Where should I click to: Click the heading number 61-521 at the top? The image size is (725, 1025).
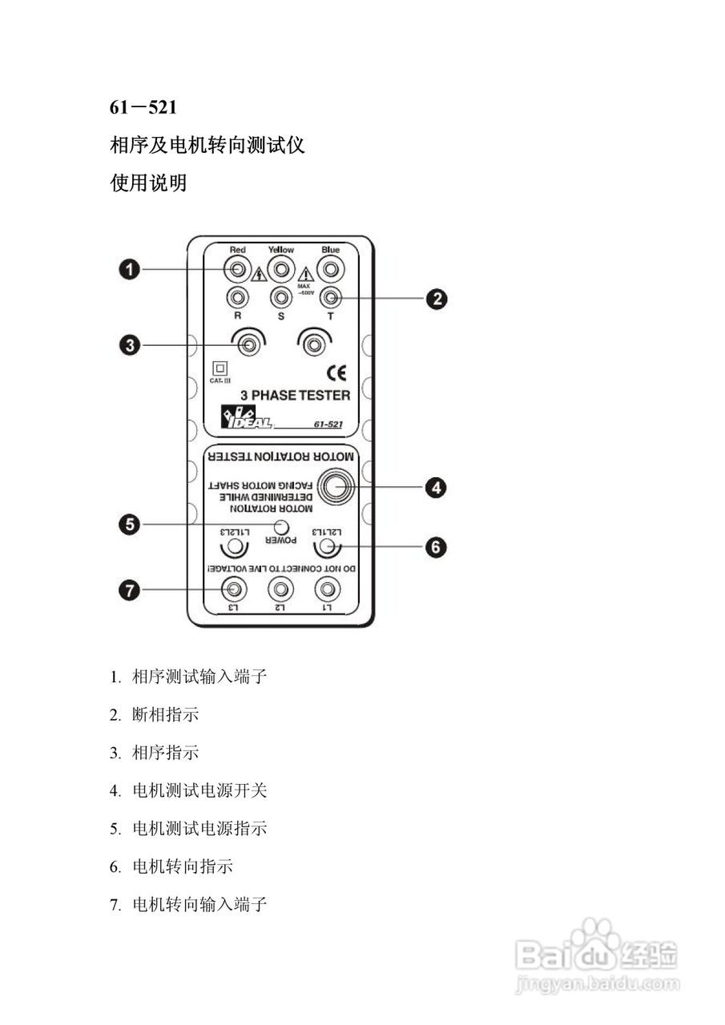(143, 107)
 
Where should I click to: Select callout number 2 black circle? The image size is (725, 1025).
(435, 299)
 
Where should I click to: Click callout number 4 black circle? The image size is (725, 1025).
(435, 487)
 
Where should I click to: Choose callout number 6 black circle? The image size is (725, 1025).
(435, 547)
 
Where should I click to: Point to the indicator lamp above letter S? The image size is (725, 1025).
(281, 298)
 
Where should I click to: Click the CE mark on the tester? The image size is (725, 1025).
(336, 371)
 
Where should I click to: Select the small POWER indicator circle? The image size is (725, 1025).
(281, 526)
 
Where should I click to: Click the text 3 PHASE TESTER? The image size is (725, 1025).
(296, 395)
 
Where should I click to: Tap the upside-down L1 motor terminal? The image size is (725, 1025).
(327, 590)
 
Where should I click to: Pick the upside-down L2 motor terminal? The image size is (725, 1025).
(280, 590)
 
